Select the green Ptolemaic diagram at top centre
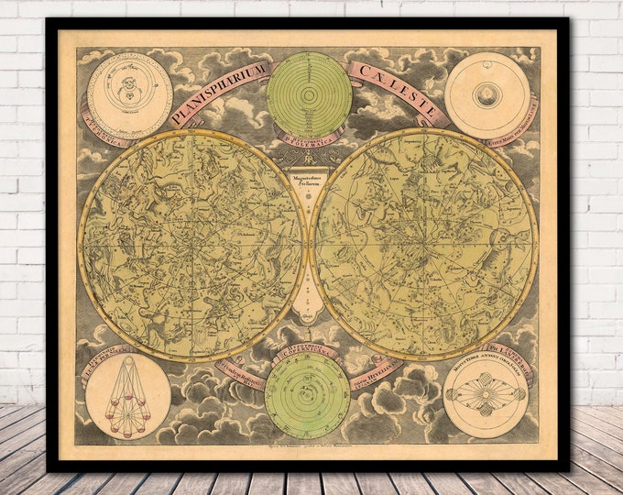coord(309,93)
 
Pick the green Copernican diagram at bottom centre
coord(307,395)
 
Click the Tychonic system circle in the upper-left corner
coord(129,95)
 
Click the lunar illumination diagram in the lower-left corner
coord(128,396)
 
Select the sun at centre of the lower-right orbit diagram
coord(486,396)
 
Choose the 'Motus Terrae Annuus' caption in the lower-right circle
coord(486,365)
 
